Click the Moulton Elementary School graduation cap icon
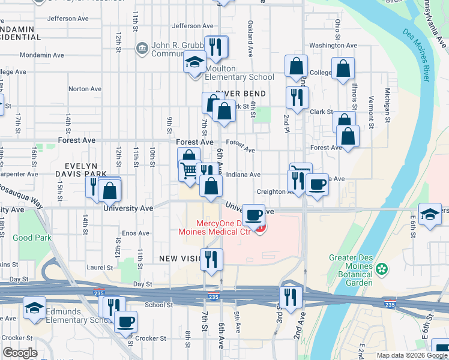click(x=194, y=63)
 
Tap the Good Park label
click(x=32, y=238)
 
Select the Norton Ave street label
click(x=85, y=89)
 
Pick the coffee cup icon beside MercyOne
click(x=254, y=214)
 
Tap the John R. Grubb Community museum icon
click(x=142, y=47)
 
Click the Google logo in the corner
click(x=20, y=353)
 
